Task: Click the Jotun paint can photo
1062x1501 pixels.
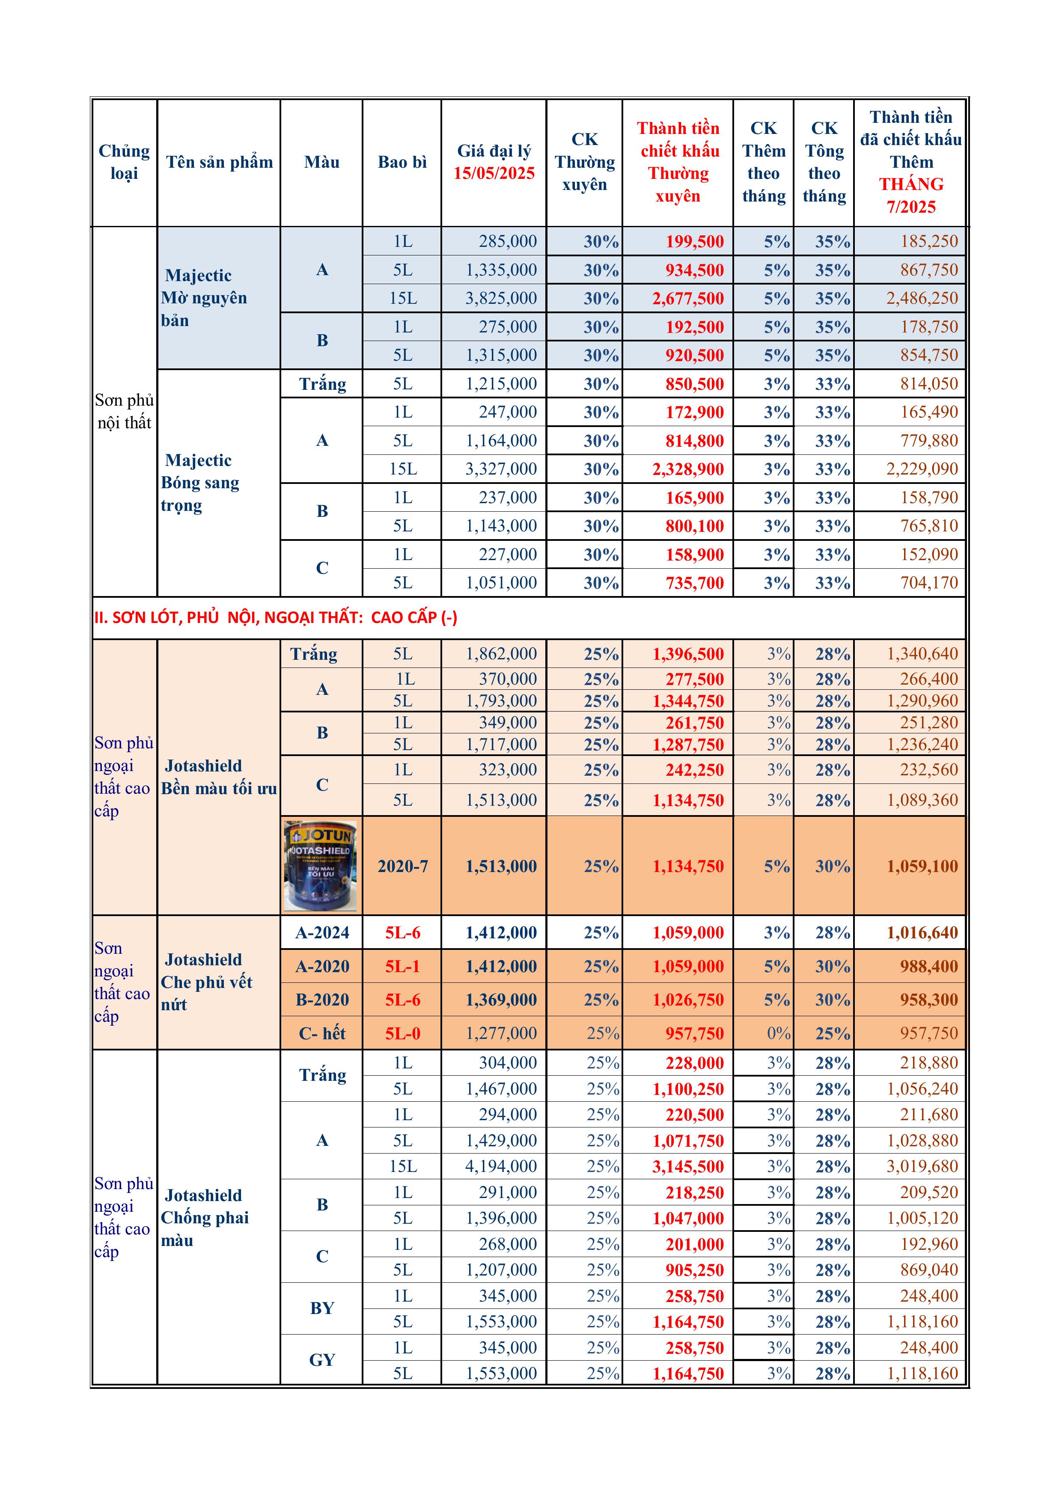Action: coord(321,866)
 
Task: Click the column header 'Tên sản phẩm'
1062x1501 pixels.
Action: coord(219,162)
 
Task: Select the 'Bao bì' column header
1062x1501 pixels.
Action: coord(402,162)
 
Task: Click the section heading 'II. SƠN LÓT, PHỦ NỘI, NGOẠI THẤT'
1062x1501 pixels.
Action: coord(275,617)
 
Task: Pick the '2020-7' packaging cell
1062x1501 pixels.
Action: coord(402,866)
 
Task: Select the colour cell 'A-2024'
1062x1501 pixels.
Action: coord(322,933)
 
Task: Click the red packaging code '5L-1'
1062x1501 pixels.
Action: coord(402,966)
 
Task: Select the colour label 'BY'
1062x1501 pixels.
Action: coord(322,1308)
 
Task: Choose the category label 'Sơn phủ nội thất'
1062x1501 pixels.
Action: coord(124,411)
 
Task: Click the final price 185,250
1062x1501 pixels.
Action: coord(928,241)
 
